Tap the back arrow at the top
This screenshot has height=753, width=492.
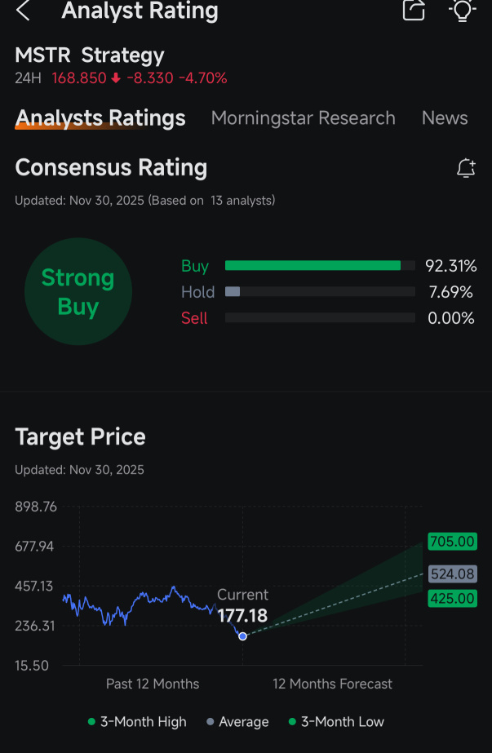[23, 11]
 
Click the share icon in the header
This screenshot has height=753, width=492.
[414, 10]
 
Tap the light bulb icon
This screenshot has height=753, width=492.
[462, 10]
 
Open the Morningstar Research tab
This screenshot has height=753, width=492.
[304, 118]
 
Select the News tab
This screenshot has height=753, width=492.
[445, 118]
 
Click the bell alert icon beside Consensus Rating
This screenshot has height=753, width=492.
[466, 169]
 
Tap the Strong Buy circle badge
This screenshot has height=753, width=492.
[78, 291]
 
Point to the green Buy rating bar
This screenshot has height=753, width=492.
[312, 266]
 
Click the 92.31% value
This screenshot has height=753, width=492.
[450, 266]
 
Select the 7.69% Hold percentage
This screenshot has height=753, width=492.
[450, 292]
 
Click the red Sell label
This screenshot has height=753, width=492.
[194, 318]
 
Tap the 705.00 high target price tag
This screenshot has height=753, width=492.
[453, 542]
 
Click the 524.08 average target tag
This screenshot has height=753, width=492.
[453, 574]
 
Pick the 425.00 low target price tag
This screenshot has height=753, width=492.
[453, 598]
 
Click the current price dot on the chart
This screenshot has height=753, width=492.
[242, 636]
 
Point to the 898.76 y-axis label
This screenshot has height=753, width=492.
[36, 507]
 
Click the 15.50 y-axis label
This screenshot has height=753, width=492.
[32, 666]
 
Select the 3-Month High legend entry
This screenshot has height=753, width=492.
[137, 722]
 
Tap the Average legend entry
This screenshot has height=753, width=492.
[237, 722]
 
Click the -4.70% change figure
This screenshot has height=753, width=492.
[203, 78]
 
